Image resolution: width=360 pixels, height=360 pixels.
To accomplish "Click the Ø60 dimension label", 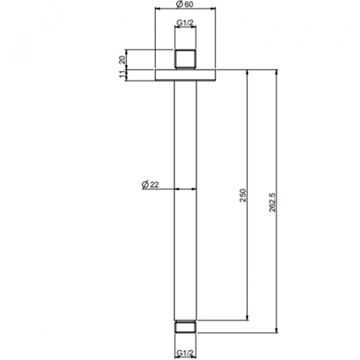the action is tap(185, 4).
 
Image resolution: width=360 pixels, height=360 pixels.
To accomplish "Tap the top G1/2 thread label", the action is tap(185, 23).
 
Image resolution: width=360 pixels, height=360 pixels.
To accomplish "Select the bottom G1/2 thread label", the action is tap(185, 352).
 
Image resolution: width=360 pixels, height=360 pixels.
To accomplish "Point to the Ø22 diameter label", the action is tap(150, 184).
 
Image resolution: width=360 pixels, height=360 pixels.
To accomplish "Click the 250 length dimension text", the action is tap(242, 195).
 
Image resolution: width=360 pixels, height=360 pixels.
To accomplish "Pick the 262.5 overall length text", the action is tap(272, 202).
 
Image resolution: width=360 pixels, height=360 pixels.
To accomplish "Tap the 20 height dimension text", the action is tap(122, 60).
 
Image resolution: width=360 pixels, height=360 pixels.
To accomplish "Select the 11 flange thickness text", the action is tap(122, 74).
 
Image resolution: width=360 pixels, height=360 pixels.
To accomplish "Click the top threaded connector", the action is tap(185, 59).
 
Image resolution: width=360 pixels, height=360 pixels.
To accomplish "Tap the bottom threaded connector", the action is tap(185, 326).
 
